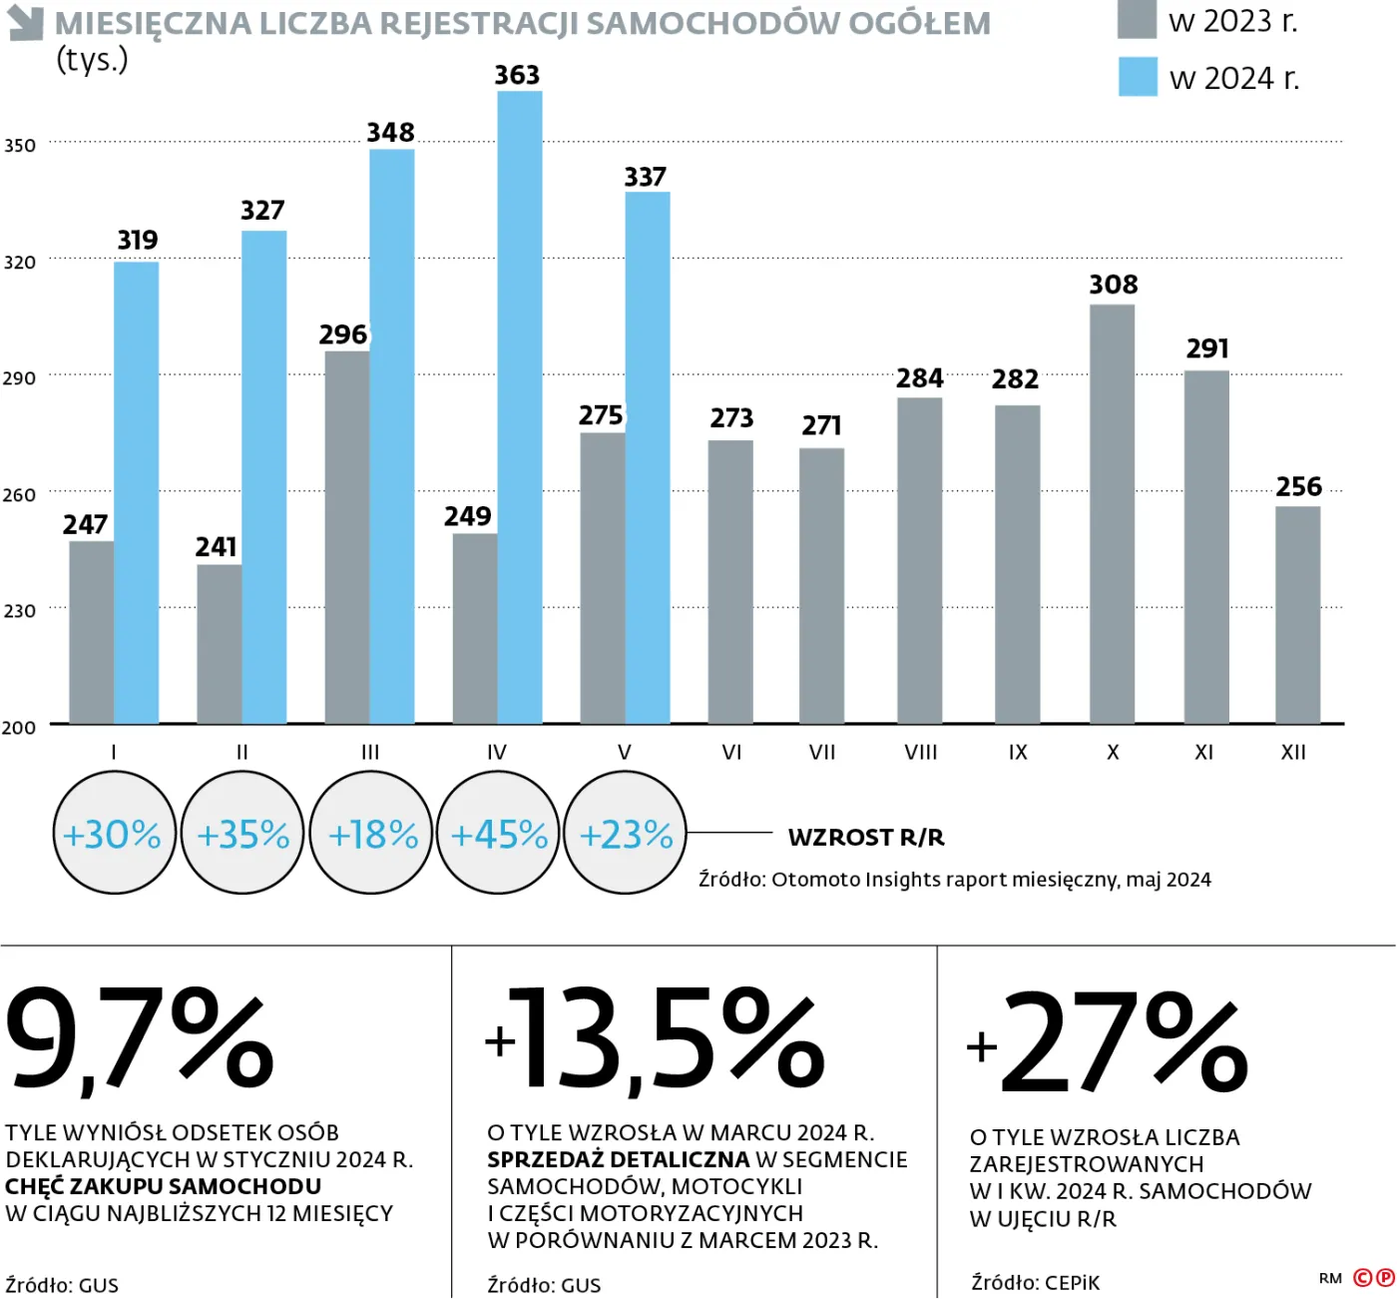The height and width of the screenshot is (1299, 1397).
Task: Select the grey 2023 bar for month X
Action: [1112, 514]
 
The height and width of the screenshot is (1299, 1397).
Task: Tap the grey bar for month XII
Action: [1297, 615]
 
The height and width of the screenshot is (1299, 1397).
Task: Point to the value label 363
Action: [517, 76]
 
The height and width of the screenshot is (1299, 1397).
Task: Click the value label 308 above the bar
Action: [1113, 285]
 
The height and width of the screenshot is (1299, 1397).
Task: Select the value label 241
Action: [216, 547]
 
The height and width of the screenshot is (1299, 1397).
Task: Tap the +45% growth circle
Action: [499, 834]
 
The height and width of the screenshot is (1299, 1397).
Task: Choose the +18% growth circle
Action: [371, 834]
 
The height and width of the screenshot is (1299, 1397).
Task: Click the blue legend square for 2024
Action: [1138, 77]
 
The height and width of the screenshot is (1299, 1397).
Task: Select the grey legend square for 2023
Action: [1137, 20]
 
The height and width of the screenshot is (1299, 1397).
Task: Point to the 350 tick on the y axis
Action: [20, 146]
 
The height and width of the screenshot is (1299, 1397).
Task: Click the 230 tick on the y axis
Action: [20, 611]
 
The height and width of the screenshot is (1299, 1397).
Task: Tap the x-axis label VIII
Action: [920, 753]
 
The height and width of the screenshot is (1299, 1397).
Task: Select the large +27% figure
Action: [1108, 1044]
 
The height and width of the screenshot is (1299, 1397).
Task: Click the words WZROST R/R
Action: [866, 838]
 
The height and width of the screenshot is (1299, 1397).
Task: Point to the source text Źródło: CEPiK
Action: [1035, 1283]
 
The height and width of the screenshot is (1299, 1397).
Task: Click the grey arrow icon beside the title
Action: [25, 23]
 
